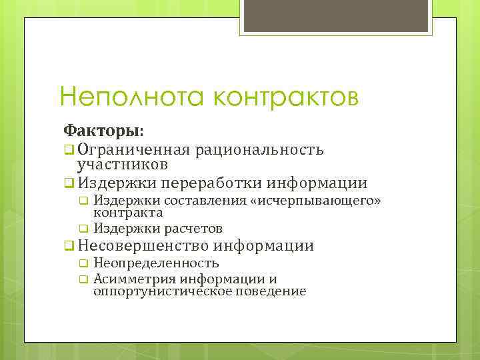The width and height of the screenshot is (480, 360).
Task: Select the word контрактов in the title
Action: [x=287, y=97]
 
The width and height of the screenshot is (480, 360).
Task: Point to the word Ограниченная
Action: [x=134, y=149]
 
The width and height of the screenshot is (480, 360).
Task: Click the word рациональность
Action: [x=260, y=149]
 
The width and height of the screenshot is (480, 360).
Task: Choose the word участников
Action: [x=121, y=163]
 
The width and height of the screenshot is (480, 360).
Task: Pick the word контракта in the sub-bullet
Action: [x=128, y=213]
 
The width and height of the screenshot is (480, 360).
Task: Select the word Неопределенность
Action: [x=156, y=263]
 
